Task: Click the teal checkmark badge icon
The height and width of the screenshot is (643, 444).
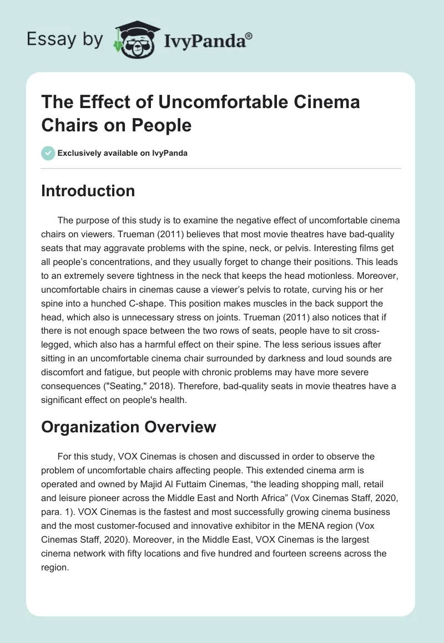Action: click(x=48, y=154)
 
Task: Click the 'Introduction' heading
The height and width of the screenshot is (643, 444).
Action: click(x=88, y=191)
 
